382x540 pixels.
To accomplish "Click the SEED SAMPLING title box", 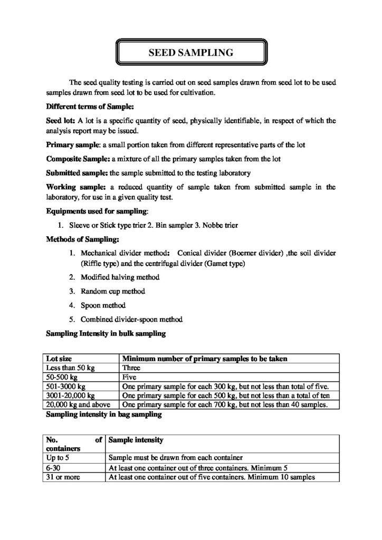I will click(190, 53).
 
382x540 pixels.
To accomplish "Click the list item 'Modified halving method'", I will click(120, 277).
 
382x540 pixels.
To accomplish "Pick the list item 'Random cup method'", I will click(113, 291).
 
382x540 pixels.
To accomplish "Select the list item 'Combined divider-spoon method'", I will click(131, 320).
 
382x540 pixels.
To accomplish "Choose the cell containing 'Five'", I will click(130, 377).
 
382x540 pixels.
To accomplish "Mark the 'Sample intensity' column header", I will click(136, 439).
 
